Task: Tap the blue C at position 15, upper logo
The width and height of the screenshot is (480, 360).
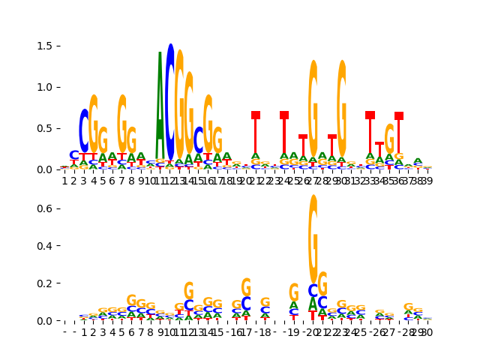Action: [x=198, y=140]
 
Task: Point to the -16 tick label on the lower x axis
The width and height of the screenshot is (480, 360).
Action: [x=235, y=331]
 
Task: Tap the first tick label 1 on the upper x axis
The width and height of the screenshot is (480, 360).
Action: [x=64, y=181]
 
